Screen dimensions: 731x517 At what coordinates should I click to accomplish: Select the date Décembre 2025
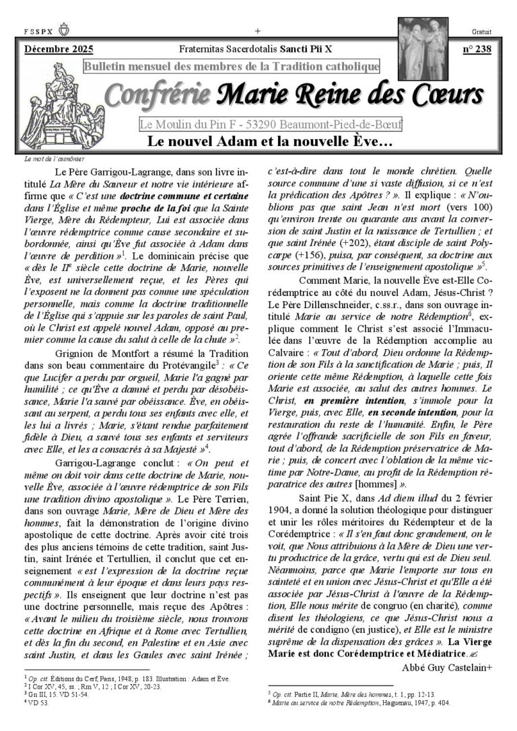tap(59, 49)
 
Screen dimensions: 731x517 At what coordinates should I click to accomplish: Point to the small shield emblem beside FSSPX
tap(65, 30)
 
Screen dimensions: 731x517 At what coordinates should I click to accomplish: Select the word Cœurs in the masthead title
tap(443, 96)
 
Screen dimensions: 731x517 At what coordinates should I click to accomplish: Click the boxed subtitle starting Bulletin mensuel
tap(232, 67)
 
